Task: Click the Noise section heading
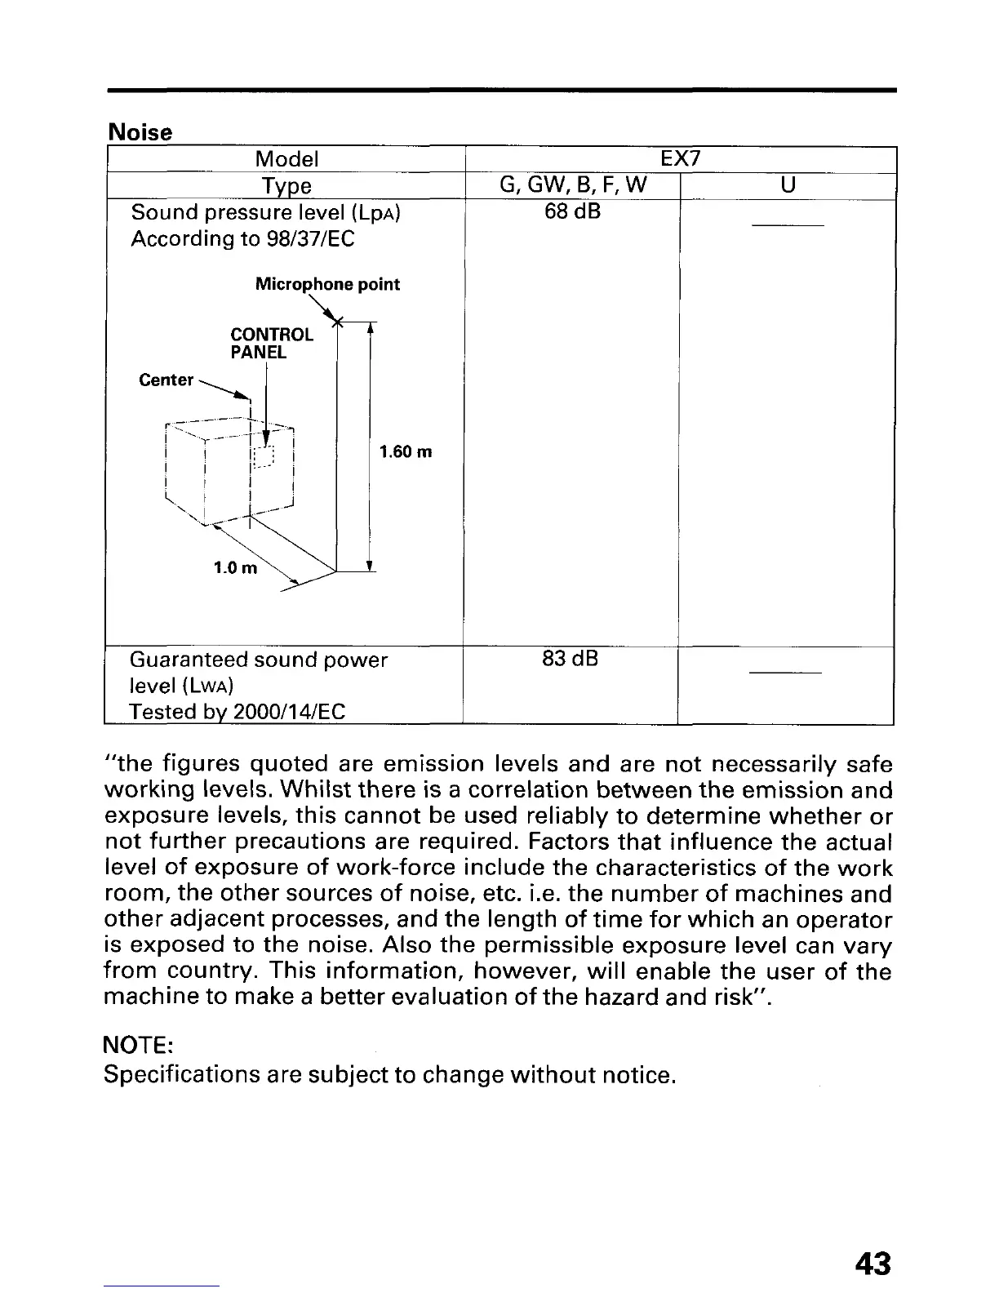coord(140,132)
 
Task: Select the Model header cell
coord(286,158)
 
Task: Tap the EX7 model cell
coord(680,158)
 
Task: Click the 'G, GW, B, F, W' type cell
coord(572,186)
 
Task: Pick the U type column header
coord(787,186)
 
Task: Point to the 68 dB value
coord(572,212)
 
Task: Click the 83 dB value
coord(571,658)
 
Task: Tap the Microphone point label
coord(327,284)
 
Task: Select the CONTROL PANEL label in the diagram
coord(271,344)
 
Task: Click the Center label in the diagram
coord(166,380)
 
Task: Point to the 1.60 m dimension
coord(406,451)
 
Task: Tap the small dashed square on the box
coord(264,458)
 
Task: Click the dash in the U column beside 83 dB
coord(785,673)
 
